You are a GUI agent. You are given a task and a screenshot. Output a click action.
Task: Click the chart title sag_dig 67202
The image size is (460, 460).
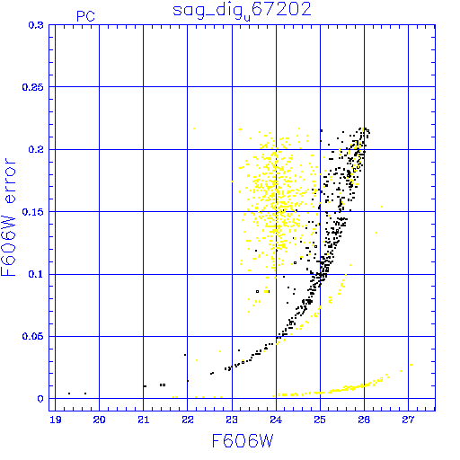[x=242, y=11]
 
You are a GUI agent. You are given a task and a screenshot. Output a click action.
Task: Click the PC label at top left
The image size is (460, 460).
[x=85, y=16]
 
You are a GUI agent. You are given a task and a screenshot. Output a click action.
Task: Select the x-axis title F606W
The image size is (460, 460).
[x=243, y=441]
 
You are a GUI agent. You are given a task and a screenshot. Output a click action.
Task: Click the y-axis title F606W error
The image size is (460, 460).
[x=8, y=217]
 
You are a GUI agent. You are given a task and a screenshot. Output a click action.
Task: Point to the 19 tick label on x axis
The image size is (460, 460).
[x=56, y=420]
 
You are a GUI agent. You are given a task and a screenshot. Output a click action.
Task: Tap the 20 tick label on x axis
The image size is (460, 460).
[x=99, y=420]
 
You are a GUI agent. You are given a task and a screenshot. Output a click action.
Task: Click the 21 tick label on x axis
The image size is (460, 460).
[x=144, y=420]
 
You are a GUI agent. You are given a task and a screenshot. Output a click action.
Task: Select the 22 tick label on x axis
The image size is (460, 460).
[x=188, y=420]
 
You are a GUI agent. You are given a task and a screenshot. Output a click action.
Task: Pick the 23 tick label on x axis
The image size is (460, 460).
[x=232, y=420]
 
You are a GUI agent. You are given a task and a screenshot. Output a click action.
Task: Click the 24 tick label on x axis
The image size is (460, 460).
[x=276, y=420]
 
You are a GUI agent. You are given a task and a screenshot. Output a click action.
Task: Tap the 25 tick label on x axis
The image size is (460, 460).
[x=320, y=420]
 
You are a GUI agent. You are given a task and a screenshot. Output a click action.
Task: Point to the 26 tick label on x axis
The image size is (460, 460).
[x=364, y=420]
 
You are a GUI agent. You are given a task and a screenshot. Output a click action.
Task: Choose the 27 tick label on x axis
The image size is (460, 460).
[x=408, y=420]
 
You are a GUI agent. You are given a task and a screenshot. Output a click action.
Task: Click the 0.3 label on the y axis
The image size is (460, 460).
[x=36, y=25]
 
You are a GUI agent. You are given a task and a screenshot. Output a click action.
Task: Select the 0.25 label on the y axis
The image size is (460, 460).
[x=33, y=87]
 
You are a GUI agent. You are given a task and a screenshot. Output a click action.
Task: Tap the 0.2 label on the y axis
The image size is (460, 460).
[x=36, y=149]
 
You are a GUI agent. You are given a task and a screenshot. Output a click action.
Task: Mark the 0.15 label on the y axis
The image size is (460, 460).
[x=33, y=212]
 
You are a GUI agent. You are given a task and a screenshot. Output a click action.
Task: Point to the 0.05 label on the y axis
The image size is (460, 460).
[x=33, y=336]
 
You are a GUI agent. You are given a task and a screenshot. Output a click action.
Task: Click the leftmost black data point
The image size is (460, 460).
[x=69, y=394]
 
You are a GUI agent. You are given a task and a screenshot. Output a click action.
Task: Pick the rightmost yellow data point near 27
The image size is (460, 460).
[x=411, y=365]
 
